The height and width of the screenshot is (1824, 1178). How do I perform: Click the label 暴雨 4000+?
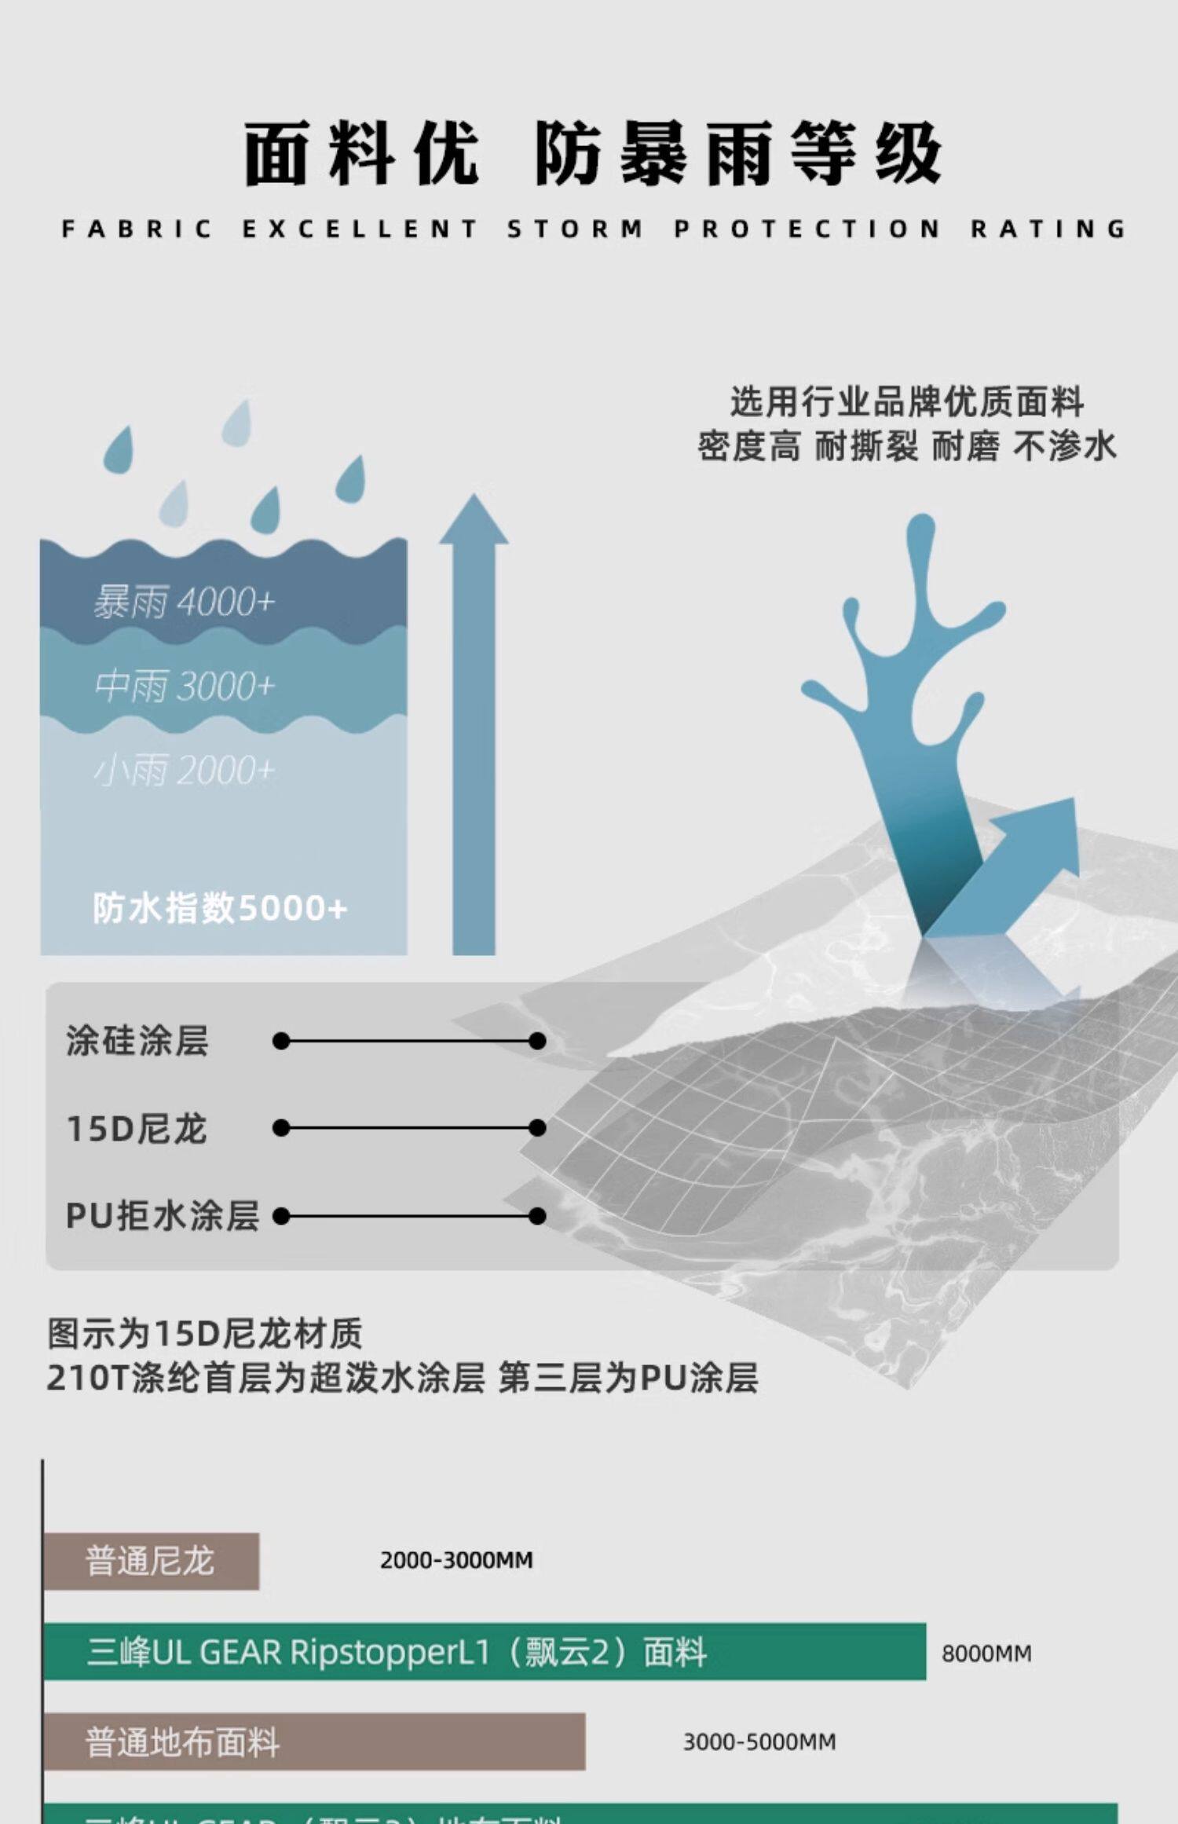(x=185, y=603)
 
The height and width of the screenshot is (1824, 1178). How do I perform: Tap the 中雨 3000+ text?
(x=185, y=686)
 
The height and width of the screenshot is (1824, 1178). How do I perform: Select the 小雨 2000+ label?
(x=185, y=770)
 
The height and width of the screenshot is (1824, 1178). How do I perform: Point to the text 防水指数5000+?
(x=220, y=908)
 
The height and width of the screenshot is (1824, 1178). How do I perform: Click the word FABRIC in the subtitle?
(x=137, y=229)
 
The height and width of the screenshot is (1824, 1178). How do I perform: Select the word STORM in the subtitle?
(x=575, y=229)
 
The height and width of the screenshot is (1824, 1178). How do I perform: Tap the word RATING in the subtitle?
(x=1048, y=229)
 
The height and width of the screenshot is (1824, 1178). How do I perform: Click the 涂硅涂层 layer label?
(x=137, y=1041)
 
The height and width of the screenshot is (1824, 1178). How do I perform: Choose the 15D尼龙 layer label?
(x=137, y=1129)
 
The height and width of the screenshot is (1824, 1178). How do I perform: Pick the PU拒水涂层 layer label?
(x=162, y=1216)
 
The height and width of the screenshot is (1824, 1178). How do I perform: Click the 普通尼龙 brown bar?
(x=151, y=1561)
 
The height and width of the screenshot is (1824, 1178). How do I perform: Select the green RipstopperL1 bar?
(x=485, y=1652)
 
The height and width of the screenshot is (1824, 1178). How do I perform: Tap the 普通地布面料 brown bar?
(x=314, y=1742)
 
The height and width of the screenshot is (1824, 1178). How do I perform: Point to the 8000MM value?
(x=986, y=1654)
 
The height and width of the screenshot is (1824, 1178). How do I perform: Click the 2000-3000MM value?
(x=456, y=1561)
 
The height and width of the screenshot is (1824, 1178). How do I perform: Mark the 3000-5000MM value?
(x=759, y=1742)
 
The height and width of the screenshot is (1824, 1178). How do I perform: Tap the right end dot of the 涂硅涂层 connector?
(x=537, y=1041)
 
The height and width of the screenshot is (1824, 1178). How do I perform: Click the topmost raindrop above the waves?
(x=236, y=422)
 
